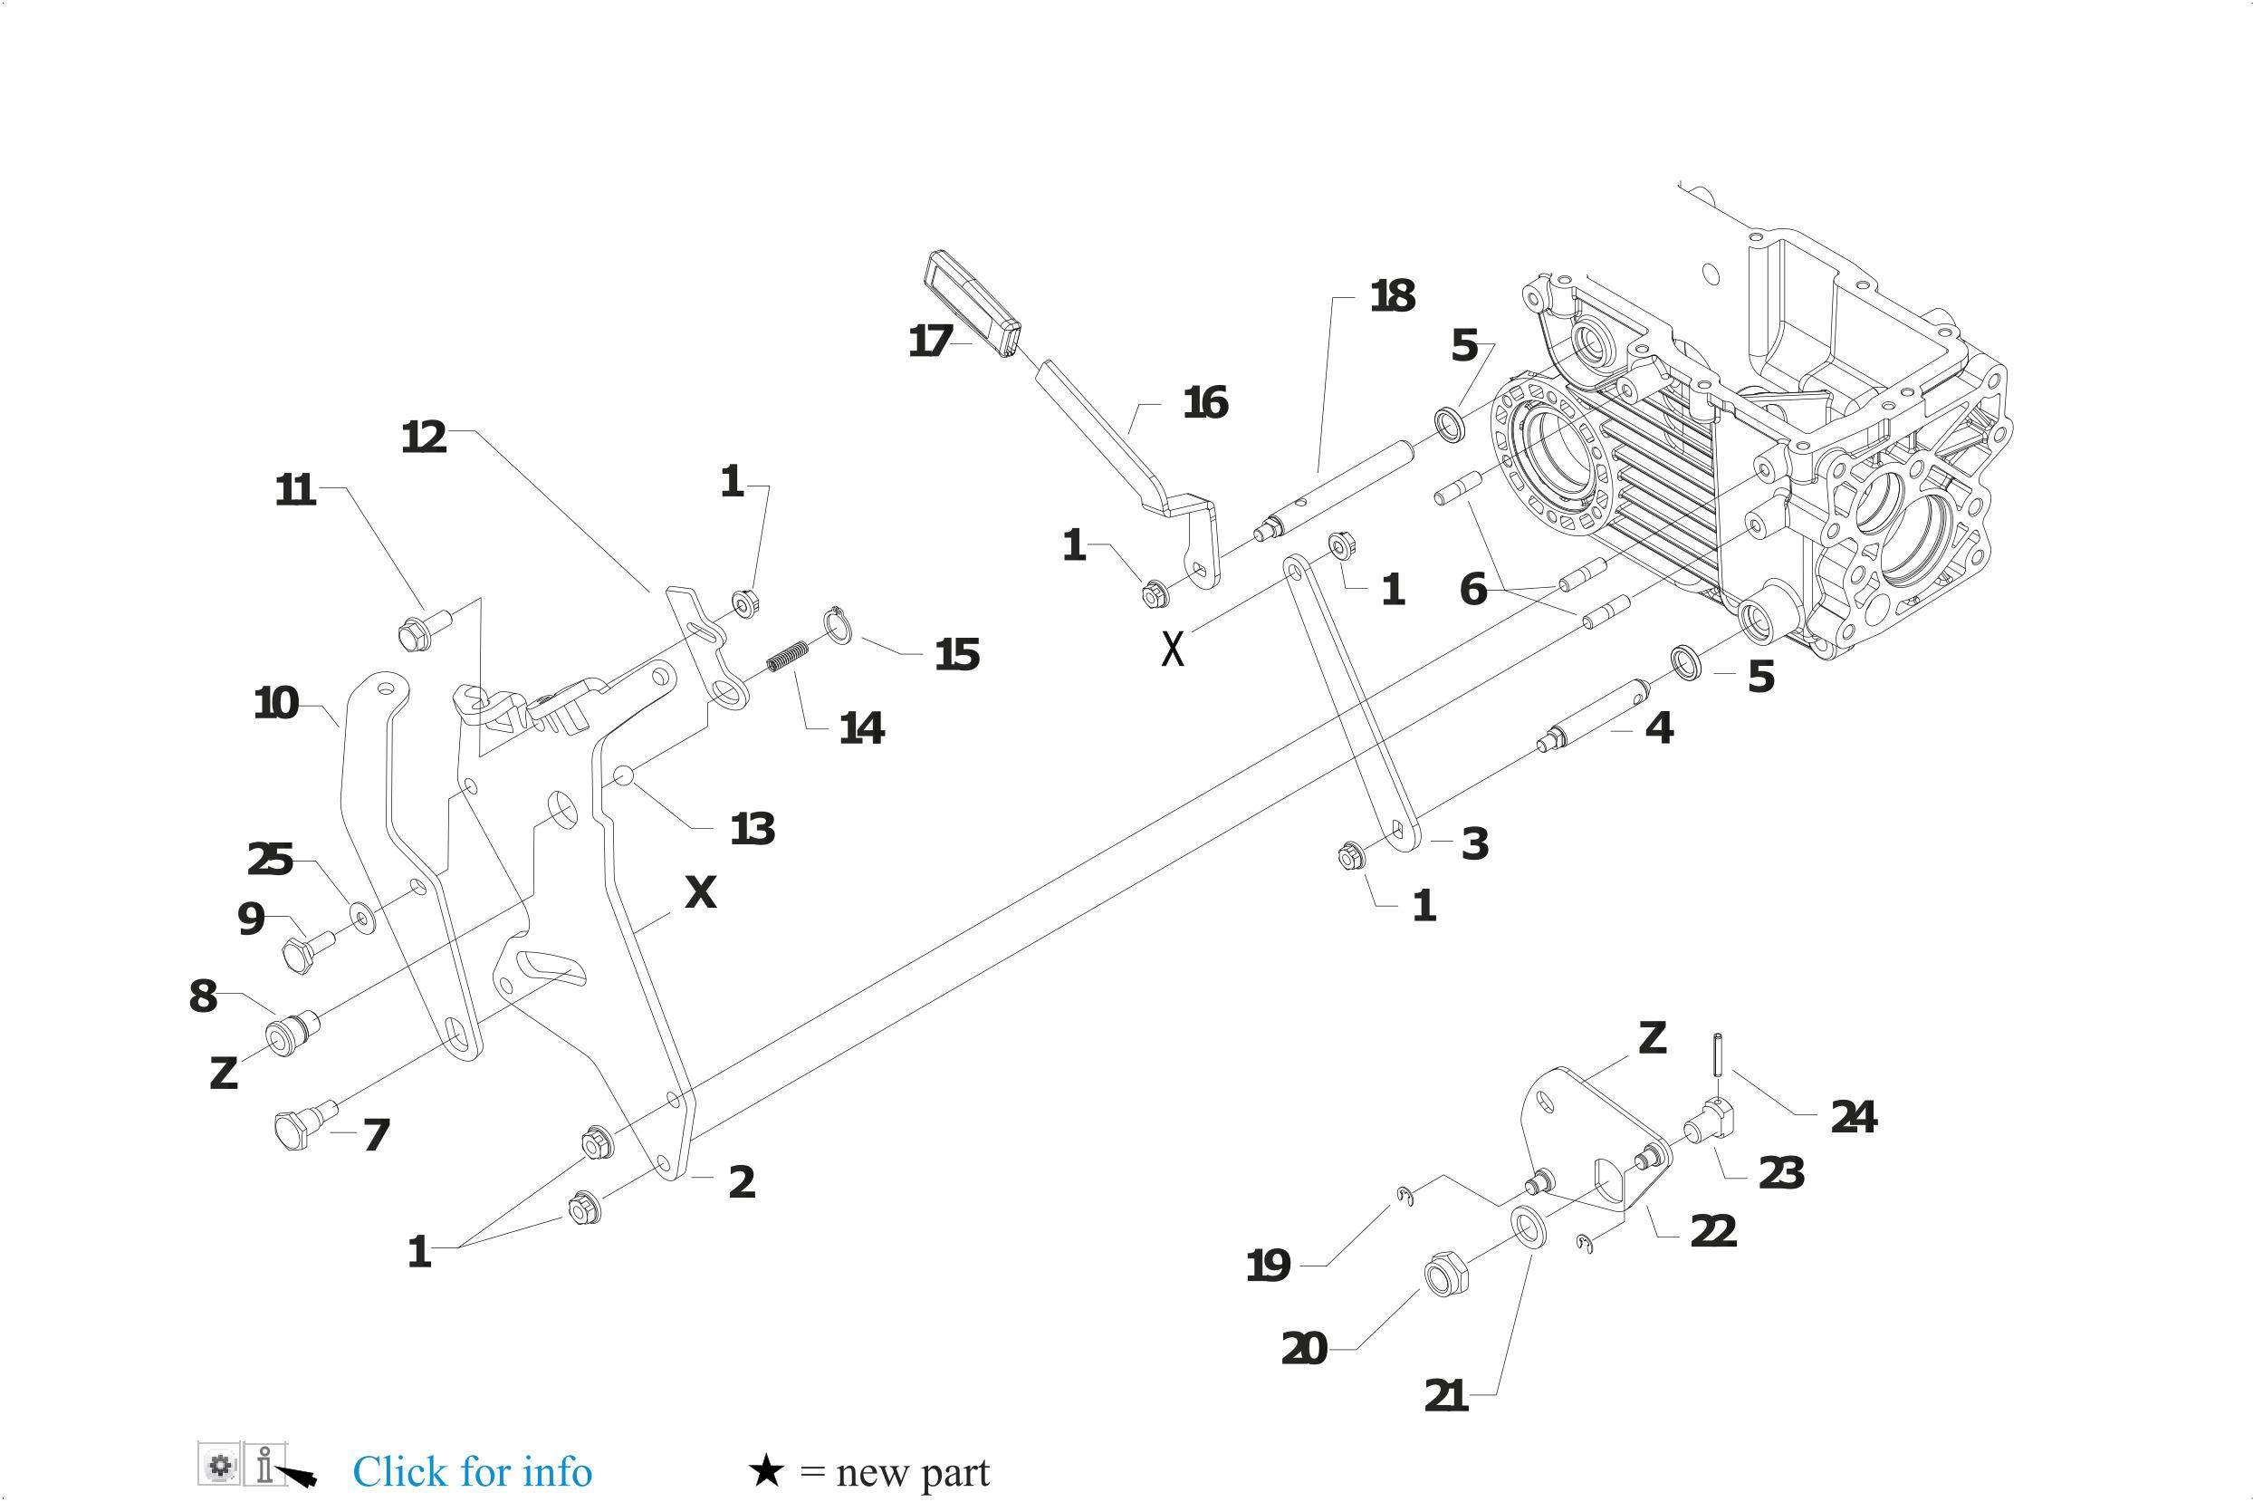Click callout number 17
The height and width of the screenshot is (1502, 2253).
tap(930, 341)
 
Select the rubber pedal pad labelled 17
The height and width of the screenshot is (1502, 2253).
tap(973, 303)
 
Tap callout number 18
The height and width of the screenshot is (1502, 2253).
tap(1392, 296)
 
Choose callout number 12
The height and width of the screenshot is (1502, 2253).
tap(424, 438)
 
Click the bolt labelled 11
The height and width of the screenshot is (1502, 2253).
tap(416, 633)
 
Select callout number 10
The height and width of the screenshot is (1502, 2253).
tap(276, 704)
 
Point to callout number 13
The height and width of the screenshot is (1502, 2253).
tap(752, 829)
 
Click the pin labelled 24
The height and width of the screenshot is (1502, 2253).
tap(1717, 1053)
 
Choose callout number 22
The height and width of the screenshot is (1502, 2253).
tap(1713, 1232)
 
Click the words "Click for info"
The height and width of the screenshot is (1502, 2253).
tap(472, 1470)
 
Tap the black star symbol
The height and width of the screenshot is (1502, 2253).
tap(766, 1470)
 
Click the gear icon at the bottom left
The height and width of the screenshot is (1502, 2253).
tap(220, 1466)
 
